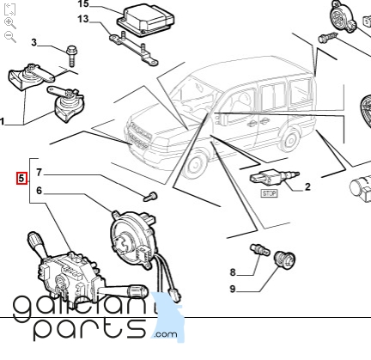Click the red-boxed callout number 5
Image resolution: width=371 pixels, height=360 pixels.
tap(21, 179)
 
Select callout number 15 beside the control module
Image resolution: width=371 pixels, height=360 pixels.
tap(83, 4)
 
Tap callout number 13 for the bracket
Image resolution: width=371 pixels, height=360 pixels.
tap(83, 19)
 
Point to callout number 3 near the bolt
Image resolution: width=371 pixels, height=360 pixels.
tap(34, 43)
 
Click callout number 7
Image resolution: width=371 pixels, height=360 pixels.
tap(40, 173)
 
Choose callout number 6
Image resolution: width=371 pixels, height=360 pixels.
tap(40, 191)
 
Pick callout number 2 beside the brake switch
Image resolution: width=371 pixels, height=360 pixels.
tap(307, 186)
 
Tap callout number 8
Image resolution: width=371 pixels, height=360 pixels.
tap(233, 272)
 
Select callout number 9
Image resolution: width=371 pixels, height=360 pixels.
tap(233, 289)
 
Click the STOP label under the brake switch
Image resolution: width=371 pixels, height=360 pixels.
tap(269, 193)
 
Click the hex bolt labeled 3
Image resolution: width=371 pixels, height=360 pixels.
tap(71, 56)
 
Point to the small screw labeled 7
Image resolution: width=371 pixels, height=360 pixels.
tap(150, 197)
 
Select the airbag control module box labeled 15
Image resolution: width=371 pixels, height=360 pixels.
tap(146, 21)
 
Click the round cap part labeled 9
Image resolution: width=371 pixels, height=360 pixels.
tap(284, 259)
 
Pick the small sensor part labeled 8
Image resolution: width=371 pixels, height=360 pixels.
tap(260, 250)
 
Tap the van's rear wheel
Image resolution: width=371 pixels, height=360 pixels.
tap(290, 140)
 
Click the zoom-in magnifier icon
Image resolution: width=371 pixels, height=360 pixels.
tap(10, 23)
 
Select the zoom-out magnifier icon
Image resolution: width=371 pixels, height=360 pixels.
tap(10, 37)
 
